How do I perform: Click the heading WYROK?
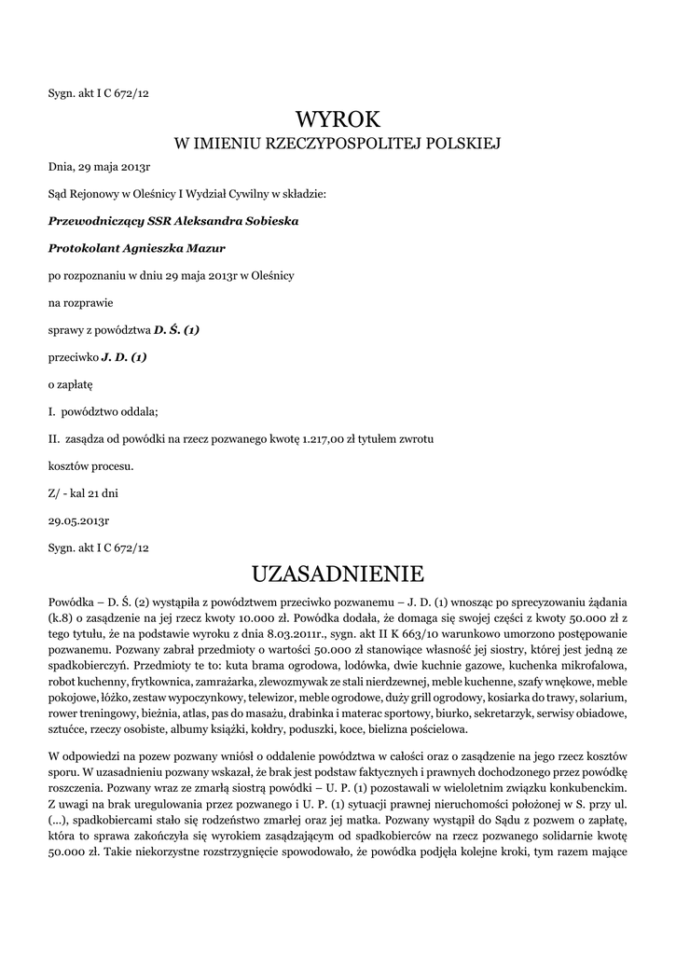click(x=338, y=118)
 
